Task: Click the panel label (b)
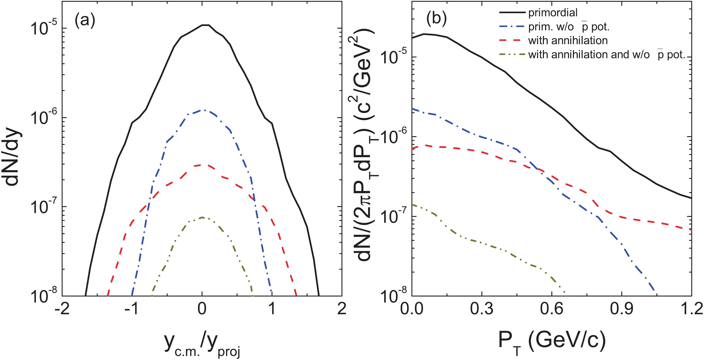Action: point(436,19)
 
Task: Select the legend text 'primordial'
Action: point(553,13)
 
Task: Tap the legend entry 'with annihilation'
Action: point(568,40)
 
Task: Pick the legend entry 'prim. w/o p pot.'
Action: point(568,27)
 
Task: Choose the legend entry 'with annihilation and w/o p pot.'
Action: point(606,55)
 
